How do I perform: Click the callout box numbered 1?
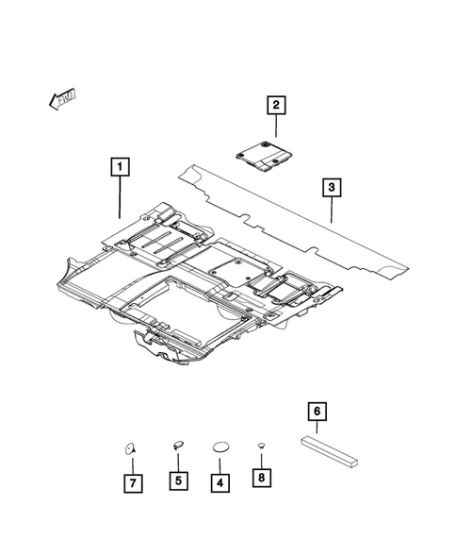120,169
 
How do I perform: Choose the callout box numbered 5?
176,481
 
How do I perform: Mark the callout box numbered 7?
132,482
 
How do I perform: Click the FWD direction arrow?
61,97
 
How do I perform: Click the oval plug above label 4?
220,446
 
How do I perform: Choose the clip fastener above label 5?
176,444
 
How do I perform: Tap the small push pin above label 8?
261,445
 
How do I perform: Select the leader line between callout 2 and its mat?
276,127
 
